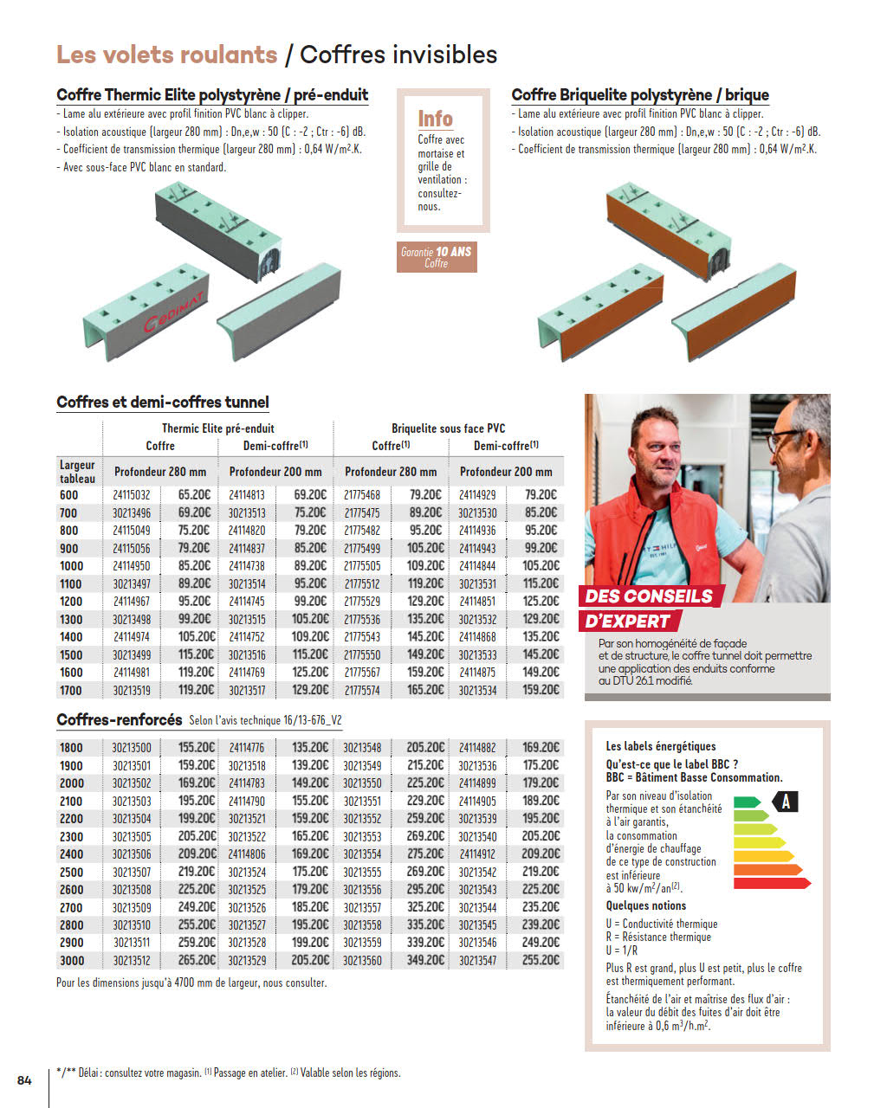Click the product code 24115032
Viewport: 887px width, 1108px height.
tap(131, 495)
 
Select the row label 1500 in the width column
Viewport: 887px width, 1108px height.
tap(71, 654)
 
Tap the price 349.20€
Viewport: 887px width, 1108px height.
tap(424, 960)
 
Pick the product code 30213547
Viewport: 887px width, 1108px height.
tap(477, 960)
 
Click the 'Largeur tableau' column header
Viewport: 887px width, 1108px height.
tap(77, 472)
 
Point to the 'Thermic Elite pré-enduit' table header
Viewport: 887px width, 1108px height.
tap(217, 428)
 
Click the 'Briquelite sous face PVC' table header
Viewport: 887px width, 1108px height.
tap(448, 428)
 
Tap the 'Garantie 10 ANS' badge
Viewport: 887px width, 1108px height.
tap(437, 257)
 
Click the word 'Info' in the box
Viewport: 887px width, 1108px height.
tap(436, 119)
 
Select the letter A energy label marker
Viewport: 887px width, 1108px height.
tap(786, 802)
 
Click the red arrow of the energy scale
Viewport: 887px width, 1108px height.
tap(772, 883)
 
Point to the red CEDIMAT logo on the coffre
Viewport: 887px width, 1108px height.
tap(173, 313)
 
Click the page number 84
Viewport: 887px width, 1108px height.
tap(24, 1079)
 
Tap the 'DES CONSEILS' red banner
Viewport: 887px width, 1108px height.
tap(649, 596)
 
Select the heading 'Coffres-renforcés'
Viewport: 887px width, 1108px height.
tap(120, 720)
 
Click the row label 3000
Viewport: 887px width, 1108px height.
tap(72, 960)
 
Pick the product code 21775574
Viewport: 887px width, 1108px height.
tap(362, 691)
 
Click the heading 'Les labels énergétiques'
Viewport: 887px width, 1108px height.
tap(661, 746)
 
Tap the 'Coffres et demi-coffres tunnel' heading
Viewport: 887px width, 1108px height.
tap(163, 403)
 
